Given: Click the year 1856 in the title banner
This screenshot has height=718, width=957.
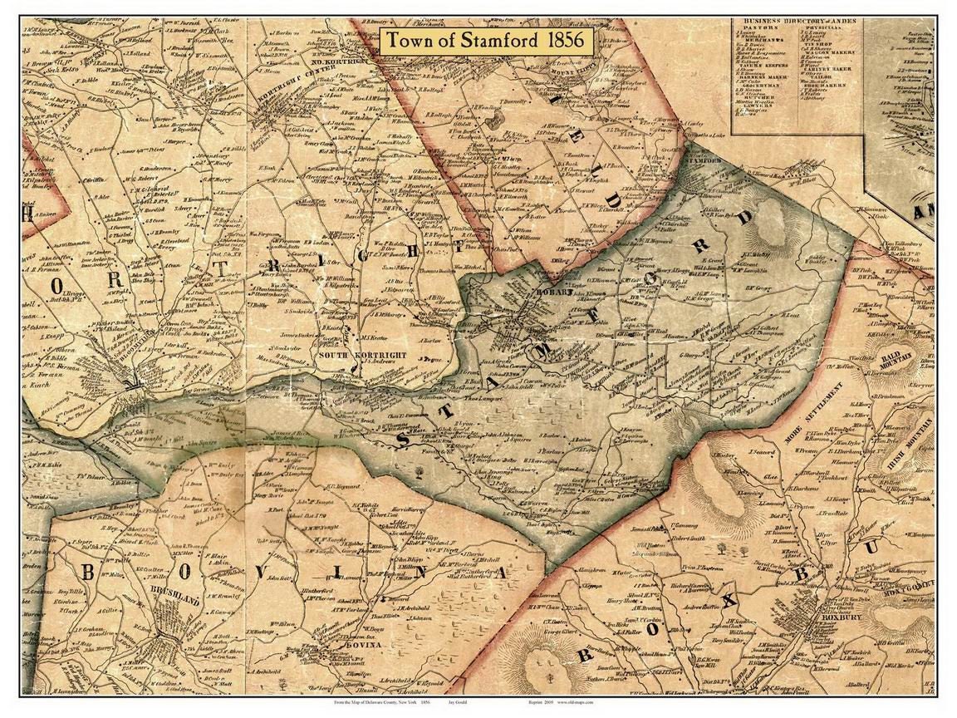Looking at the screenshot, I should point(564,41).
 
